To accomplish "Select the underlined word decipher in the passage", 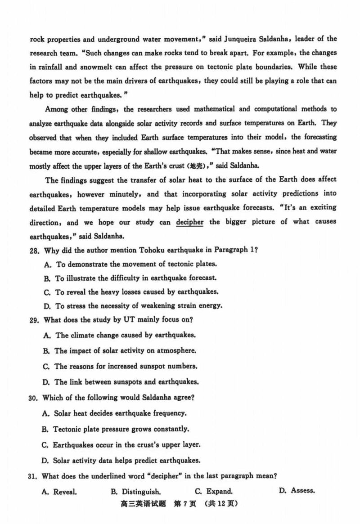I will [189, 222].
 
